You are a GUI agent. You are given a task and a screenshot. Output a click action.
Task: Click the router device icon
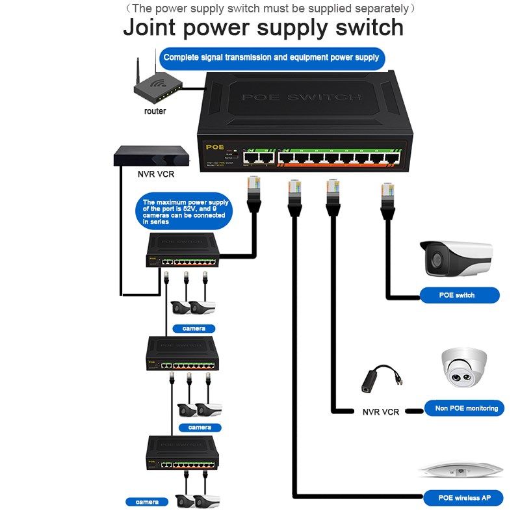tap(155, 88)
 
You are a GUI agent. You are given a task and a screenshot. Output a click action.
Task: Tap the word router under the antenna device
tap(155, 111)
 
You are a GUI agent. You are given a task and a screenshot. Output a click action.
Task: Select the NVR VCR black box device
tap(153, 156)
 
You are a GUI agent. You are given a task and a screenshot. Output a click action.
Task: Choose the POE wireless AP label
tap(463, 498)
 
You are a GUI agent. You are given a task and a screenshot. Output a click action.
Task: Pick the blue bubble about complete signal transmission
tap(271, 58)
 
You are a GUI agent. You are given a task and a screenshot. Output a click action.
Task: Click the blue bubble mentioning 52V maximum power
tap(184, 212)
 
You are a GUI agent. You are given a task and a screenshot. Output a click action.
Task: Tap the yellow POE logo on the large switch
tap(214, 147)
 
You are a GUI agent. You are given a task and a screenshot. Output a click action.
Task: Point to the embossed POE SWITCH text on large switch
tap(301, 97)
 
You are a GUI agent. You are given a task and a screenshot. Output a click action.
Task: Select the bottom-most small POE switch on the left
tap(182, 452)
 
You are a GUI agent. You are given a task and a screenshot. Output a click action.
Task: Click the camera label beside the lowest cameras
tap(147, 502)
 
